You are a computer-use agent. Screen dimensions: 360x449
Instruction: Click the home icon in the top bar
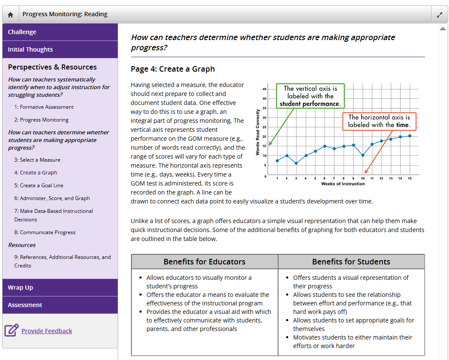tap(11, 15)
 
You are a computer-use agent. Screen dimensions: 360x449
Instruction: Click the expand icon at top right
tap(440, 15)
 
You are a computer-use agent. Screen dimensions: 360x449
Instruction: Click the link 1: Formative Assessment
tap(44, 107)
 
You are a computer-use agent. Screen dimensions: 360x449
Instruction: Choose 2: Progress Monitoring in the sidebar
tap(41, 120)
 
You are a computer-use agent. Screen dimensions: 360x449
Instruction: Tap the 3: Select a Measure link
tap(37, 160)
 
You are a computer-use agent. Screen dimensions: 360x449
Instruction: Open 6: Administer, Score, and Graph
tap(52, 198)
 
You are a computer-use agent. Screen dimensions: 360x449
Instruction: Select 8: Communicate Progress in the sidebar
tap(45, 232)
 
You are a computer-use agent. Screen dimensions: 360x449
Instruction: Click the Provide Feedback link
tap(47, 331)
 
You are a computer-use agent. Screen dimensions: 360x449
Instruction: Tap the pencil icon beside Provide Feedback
tap(12, 331)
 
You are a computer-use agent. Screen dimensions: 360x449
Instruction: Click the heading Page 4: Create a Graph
tap(173, 69)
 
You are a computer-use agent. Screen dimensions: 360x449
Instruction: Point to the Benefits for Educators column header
tap(205, 262)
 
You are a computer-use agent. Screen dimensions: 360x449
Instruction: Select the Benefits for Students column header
tap(351, 262)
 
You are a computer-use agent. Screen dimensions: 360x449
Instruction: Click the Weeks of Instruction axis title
tap(343, 184)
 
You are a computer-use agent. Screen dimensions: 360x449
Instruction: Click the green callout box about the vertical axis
tap(310, 96)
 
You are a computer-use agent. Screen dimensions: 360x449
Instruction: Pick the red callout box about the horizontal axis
tap(379, 121)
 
